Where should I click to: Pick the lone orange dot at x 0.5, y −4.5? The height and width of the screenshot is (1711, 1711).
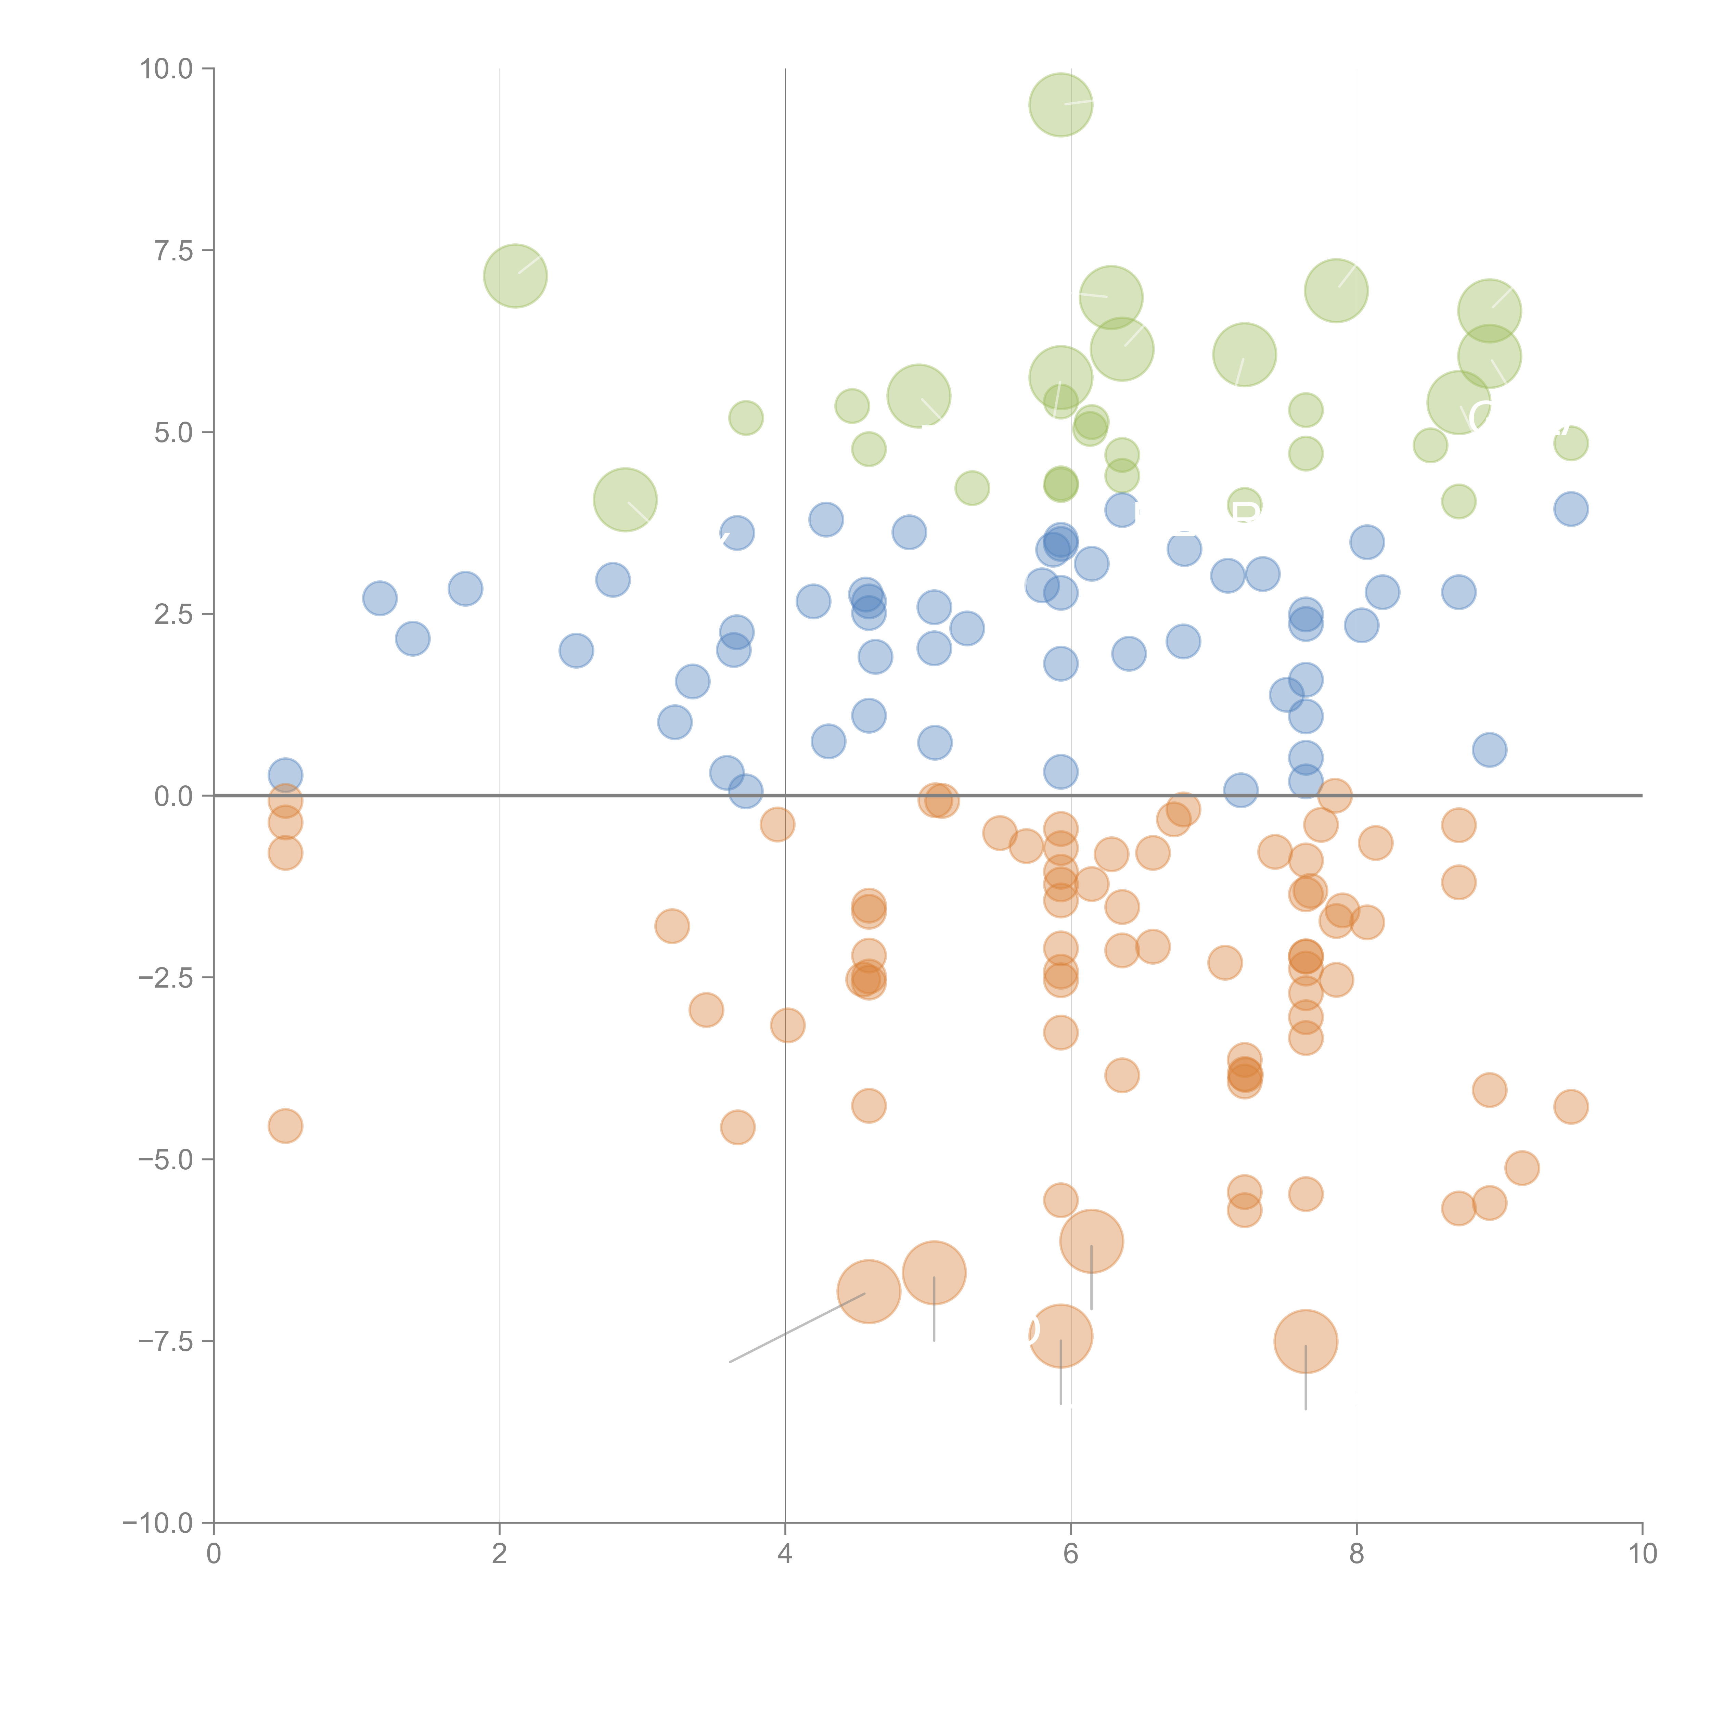(285, 1125)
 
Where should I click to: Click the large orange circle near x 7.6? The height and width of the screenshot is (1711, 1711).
(1305, 1341)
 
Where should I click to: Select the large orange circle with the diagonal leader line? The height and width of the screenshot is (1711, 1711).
(869, 1291)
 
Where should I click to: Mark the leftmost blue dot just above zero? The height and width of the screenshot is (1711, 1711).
(285, 775)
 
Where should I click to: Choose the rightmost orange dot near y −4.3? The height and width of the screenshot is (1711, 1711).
(1570, 1106)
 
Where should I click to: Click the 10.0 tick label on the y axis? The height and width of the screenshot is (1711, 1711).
(167, 69)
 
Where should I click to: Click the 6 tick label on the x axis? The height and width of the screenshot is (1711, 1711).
(1071, 1553)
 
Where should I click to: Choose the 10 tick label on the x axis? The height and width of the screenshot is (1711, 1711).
(1642, 1553)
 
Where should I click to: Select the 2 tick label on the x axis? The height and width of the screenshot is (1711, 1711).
(500, 1553)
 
